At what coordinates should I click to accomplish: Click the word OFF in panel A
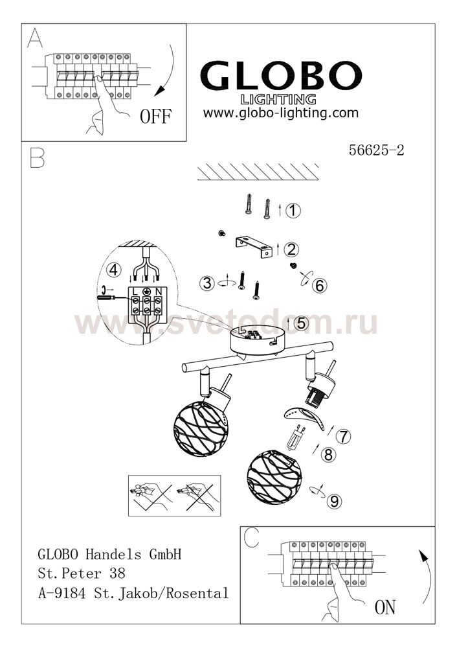155,116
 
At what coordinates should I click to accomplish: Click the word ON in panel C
385,607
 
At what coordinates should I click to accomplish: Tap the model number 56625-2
376,150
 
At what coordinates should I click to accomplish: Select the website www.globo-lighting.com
281,113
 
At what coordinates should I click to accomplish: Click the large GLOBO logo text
281,75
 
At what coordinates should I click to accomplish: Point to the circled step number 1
293,211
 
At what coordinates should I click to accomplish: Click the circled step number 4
113,270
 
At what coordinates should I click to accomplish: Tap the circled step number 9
335,502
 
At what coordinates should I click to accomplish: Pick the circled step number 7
343,436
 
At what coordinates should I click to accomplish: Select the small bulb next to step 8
296,438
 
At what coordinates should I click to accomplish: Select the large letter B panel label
37,157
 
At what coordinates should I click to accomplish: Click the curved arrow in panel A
169,71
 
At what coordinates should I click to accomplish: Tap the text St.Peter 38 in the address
82,573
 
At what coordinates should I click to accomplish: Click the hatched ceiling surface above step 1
258,172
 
